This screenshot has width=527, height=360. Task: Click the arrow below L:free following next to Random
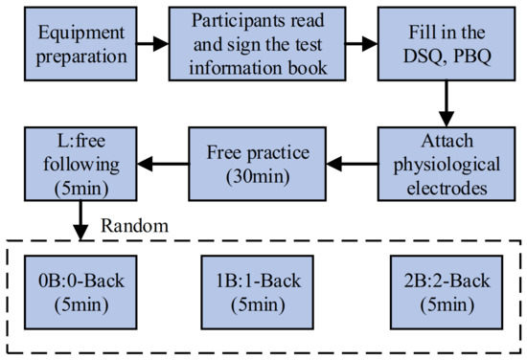coord(78,223)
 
